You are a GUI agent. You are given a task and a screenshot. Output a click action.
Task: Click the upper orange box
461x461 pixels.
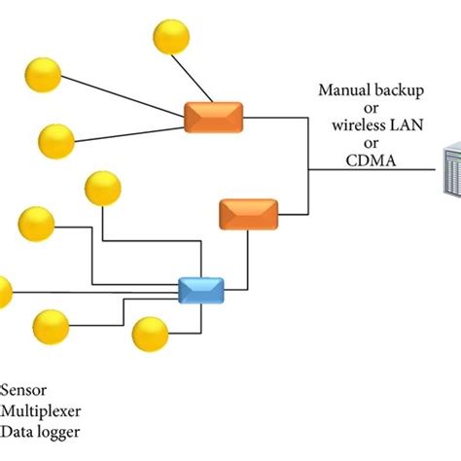coord(213,117)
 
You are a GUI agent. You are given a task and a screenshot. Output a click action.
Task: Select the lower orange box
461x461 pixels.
coord(248,213)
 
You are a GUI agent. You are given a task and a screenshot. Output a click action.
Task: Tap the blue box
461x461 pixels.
coord(201,290)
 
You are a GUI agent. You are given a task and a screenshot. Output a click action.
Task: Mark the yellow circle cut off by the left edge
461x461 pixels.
coord(5,290)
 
